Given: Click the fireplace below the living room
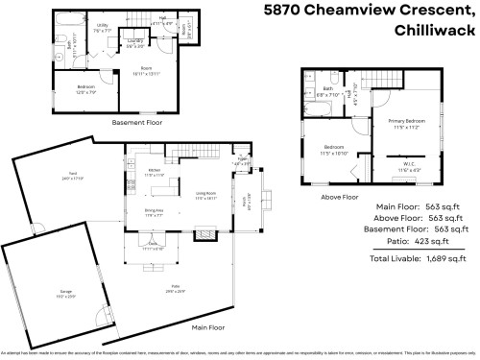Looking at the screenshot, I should click(x=204, y=231).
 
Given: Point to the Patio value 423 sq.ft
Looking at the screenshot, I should click(x=443, y=243).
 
